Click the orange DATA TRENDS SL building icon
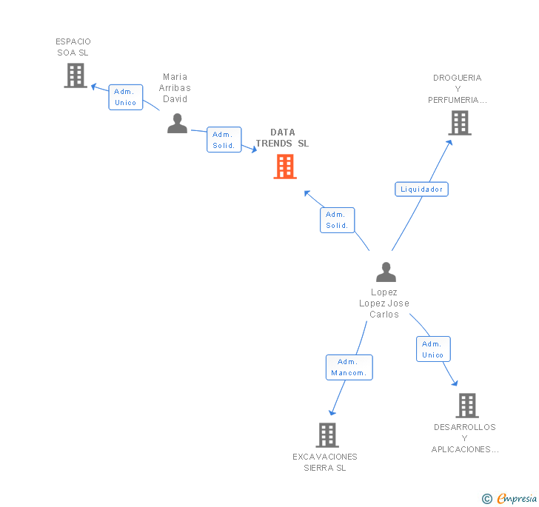click(285, 167)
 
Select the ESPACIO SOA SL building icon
click(75, 75)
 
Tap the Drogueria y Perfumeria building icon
click(460, 123)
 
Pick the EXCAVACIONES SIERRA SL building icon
click(327, 435)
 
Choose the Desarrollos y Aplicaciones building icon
click(466, 406)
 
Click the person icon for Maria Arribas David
click(177, 123)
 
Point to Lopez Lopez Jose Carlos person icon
click(386, 272)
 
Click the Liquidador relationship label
click(421, 189)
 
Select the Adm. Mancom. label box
click(349, 367)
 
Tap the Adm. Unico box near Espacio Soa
click(126, 97)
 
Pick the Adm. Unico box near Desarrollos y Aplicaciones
click(433, 349)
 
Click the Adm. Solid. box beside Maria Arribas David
click(224, 140)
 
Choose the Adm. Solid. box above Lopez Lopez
click(338, 220)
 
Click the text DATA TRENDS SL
click(283, 138)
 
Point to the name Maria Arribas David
click(175, 87)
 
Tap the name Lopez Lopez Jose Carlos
click(384, 303)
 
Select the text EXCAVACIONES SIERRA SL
click(325, 462)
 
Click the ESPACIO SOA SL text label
click(73, 47)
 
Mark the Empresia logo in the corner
click(517, 498)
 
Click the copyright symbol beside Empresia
click(487, 499)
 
